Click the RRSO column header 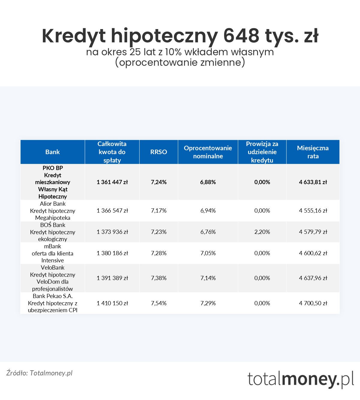[158, 152]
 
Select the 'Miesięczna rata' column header [313, 152]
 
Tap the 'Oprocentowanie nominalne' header [208, 152]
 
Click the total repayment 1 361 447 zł [112, 182]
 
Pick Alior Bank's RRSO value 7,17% [158, 210]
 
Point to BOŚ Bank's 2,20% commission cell [262, 232]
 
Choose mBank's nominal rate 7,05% [208, 253]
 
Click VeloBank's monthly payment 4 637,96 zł [313, 278]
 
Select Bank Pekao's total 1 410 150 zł [112, 303]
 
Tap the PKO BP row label [52, 182]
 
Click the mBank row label [52, 253]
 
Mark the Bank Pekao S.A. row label [52, 303]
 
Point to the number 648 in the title [241, 36]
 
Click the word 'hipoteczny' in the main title [164, 36]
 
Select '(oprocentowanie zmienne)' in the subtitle [180, 62]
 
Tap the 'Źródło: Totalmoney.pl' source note [39, 373]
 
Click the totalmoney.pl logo [301, 379]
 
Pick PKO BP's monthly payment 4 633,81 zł [313, 182]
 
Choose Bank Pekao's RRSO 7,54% [158, 303]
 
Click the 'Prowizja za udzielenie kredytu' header [262, 152]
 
